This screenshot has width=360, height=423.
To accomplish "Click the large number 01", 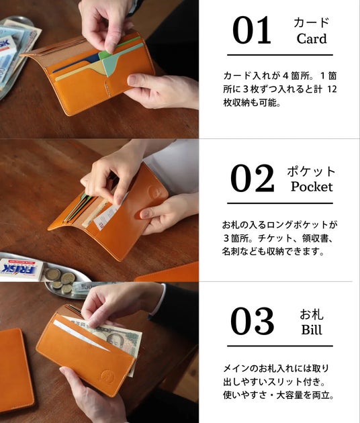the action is tap(251, 30).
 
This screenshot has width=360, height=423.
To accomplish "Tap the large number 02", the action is tap(253, 179).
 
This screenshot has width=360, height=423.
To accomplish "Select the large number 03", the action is tap(253, 321).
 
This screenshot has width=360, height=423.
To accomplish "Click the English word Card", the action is tap(312, 38).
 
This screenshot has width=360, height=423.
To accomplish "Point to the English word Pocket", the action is tap(312, 187).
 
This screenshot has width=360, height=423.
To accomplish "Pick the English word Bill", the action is tap(312, 330).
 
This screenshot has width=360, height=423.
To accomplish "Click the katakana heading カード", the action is tap(312, 22).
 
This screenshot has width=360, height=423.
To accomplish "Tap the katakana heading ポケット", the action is tap(311, 171).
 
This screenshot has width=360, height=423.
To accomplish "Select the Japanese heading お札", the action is tap(312, 314).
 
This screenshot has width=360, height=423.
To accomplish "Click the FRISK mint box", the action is tap(21, 269).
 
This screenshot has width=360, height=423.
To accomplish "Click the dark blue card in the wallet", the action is tap(76, 63).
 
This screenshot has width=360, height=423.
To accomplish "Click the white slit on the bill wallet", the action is tap(81, 335).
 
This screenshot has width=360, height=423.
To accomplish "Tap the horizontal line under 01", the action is tap(280, 55).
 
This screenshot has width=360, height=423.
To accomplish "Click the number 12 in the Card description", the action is tap(332, 89).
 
